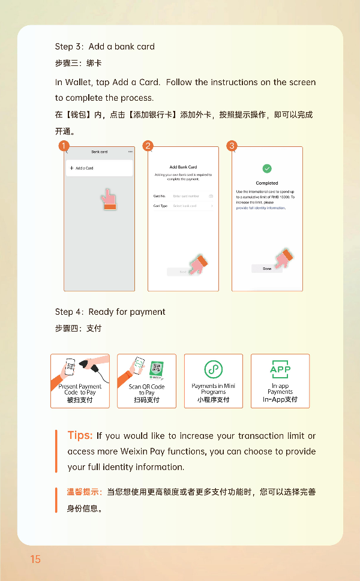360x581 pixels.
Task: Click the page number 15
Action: click(35, 559)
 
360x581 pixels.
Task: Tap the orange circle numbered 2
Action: click(148, 146)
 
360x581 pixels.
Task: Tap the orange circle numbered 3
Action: click(232, 146)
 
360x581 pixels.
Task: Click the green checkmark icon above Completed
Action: click(267, 169)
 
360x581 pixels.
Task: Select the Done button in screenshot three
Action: click(267, 269)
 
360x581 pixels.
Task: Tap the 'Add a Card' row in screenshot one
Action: click(99, 168)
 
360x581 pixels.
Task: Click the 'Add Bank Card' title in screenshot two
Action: click(183, 167)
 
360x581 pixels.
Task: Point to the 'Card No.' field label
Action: click(160, 196)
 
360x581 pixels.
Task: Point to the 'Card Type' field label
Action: click(160, 206)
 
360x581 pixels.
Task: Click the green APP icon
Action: click(280, 369)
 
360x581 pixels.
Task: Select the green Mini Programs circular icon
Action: click(213, 369)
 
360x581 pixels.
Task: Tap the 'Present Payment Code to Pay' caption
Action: click(80, 390)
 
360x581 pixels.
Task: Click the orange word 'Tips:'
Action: click(80, 435)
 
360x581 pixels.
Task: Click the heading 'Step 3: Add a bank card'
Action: click(105, 47)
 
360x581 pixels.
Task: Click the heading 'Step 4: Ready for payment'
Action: click(110, 312)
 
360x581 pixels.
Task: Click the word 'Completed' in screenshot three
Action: click(267, 183)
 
